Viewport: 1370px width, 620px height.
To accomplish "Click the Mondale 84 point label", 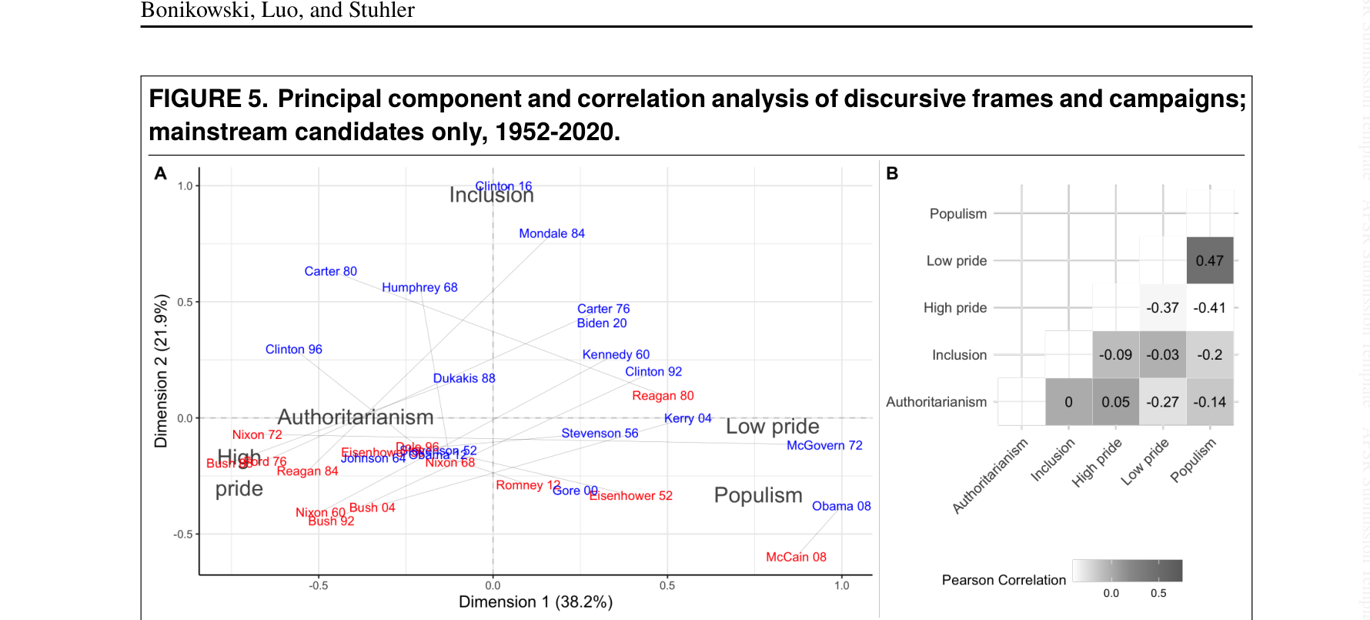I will pyautogui.click(x=552, y=233).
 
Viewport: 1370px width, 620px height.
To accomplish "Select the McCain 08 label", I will pyautogui.click(x=796, y=557).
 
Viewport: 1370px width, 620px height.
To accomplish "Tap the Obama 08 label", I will pyautogui.click(x=841, y=506).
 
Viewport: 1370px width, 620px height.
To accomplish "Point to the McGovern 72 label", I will pyautogui.click(x=824, y=445).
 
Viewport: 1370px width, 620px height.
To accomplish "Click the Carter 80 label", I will pyautogui.click(x=330, y=271).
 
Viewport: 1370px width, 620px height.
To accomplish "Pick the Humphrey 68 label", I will pyautogui.click(x=419, y=287).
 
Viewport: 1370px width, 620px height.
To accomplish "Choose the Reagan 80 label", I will pyautogui.click(x=663, y=396).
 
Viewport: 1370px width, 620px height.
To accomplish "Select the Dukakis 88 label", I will pyautogui.click(x=464, y=378).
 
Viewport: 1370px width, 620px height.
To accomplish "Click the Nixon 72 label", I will pyautogui.click(x=257, y=435).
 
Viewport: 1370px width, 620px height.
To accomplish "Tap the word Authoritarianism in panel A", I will pyautogui.click(x=356, y=417).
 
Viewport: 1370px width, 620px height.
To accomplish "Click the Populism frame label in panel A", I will pyautogui.click(x=758, y=495).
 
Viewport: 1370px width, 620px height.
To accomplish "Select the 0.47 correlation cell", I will pyautogui.click(x=1210, y=261).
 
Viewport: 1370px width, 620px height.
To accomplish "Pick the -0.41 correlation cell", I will pyautogui.click(x=1210, y=308).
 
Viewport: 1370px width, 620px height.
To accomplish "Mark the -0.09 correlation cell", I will pyautogui.click(x=1115, y=355).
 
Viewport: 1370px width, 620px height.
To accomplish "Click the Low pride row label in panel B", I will pyautogui.click(x=957, y=261).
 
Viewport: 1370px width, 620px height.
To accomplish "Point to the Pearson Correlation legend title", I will pyautogui.click(x=1004, y=580).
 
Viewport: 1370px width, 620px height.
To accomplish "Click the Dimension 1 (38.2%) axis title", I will pyautogui.click(x=536, y=602).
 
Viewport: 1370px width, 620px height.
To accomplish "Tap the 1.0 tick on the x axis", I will pyautogui.click(x=842, y=585).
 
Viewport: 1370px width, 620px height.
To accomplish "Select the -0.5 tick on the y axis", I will pyautogui.click(x=183, y=535).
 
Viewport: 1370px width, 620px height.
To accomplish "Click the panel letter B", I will pyautogui.click(x=892, y=173).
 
